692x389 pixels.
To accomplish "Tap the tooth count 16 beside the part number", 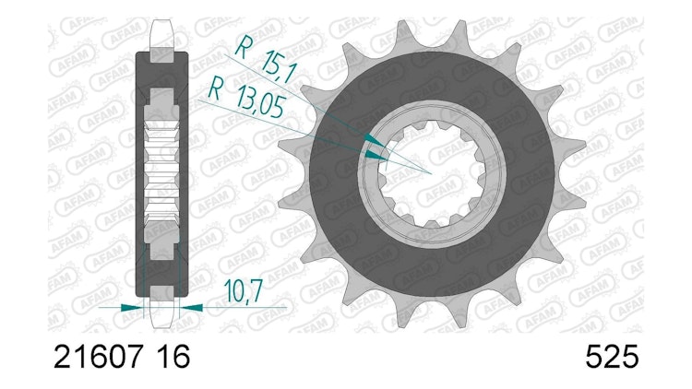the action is click(x=173, y=357).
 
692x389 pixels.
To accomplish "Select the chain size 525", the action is click(x=612, y=357).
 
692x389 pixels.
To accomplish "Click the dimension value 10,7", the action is click(x=244, y=290).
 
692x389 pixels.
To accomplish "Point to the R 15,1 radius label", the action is click(x=266, y=60).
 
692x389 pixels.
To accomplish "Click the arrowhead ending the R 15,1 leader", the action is click(x=376, y=139).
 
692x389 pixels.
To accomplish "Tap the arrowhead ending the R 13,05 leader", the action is click(x=376, y=155).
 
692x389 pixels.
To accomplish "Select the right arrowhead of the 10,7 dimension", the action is click(x=192, y=307).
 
